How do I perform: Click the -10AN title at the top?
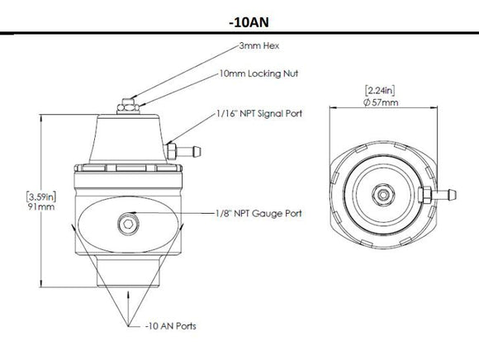click(x=239, y=18)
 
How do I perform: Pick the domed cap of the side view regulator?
click(x=126, y=136)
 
